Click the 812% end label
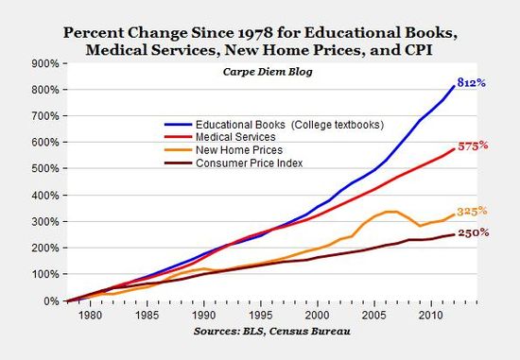pyautogui.click(x=472, y=83)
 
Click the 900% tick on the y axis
pyautogui.click(x=44, y=63)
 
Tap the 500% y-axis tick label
pyautogui.click(x=44, y=169)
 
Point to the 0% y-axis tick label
pyautogui.click(x=50, y=301)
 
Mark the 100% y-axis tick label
pyautogui.click(x=44, y=275)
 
